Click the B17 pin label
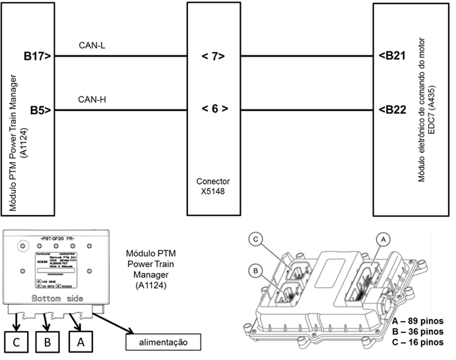click(x=38, y=57)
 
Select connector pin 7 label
click(x=213, y=57)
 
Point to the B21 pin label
click(x=393, y=57)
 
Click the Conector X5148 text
click(x=212, y=185)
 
